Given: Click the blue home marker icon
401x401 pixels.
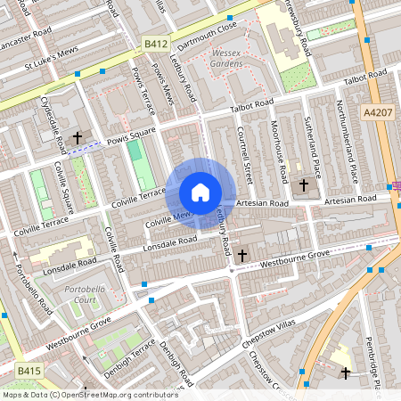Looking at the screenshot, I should (200, 192).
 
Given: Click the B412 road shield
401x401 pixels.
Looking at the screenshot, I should (155, 42).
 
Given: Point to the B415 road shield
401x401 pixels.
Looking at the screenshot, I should (28, 367).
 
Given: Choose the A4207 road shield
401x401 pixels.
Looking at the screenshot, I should (375, 87).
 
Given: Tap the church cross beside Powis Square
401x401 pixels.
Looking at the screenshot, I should (78, 138).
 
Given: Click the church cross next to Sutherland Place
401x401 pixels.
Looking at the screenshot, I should (304, 185).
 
